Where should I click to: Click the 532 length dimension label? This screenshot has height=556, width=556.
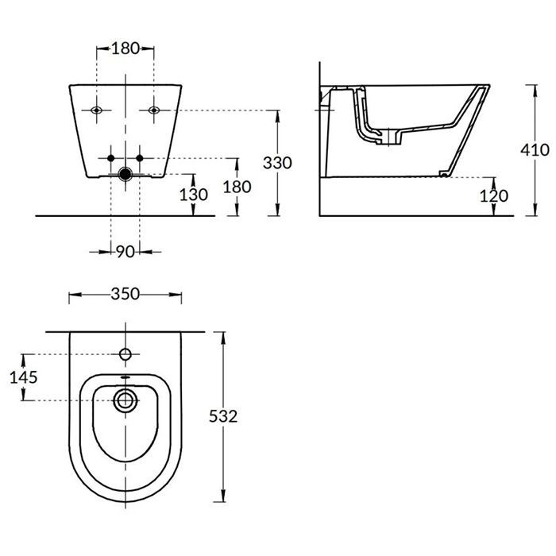[223, 416]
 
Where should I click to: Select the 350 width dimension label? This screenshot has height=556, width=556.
[125, 294]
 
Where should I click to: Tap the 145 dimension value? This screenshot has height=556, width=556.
[23, 377]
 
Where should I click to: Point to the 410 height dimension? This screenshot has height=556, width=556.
[535, 150]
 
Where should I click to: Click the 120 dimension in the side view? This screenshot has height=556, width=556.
[494, 195]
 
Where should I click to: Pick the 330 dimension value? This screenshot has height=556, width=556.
[277, 163]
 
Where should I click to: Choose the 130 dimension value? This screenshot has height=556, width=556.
[193, 195]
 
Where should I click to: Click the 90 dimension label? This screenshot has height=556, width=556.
[125, 252]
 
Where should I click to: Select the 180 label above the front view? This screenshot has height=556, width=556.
[125, 48]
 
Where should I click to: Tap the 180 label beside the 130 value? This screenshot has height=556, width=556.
[237, 187]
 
